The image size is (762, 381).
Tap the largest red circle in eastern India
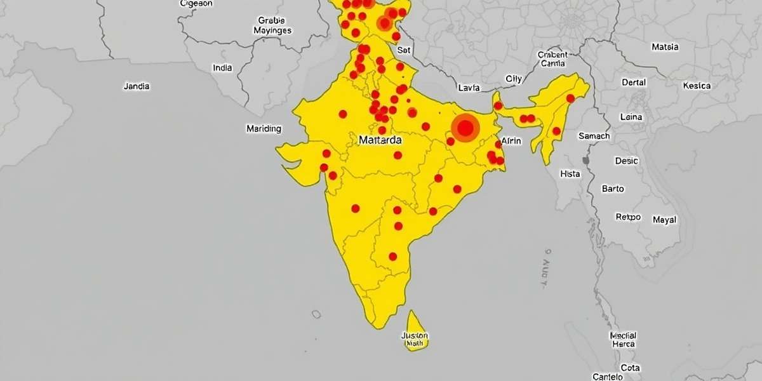click(x=465, y=128)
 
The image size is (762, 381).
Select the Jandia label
click(x=137, y=86)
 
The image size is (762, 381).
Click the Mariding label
click(x=264, y=129)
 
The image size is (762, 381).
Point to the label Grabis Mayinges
click(x=272, y=25)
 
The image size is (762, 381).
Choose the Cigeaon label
click(x=196, y=3)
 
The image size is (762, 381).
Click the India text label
click(x=222, y=68)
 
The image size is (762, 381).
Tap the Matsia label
click(x=665, y=47)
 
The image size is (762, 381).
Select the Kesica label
click(x=697, y=86)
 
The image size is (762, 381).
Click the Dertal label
click(x=634, y=83)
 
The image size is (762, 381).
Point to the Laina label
click(x=631, y=117)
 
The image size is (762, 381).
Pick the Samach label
click(x=594, y=136)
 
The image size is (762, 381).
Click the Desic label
click(x=627, y=161)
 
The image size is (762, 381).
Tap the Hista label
click(x=570, y=173)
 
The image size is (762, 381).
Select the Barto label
click(x=613, y=189)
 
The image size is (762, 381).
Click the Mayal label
click(x=665, y=220)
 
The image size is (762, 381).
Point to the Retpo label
click(x=629, y=217)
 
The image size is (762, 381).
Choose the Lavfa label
click(x=469, y=88)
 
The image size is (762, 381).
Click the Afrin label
click(x=512, y=141)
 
